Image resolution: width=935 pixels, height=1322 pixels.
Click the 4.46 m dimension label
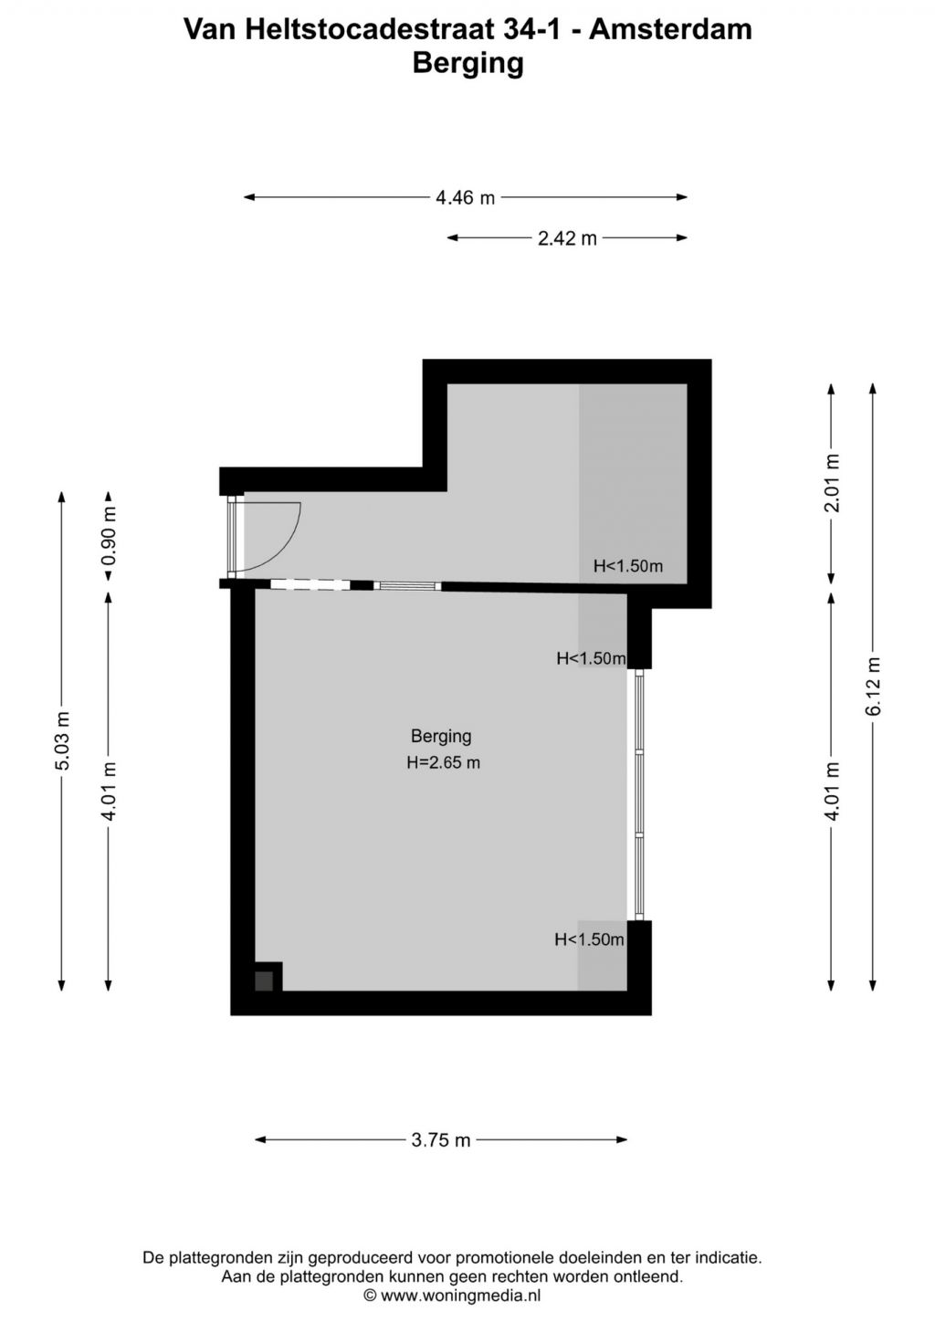465,198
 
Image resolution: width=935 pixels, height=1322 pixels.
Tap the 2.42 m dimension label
567,238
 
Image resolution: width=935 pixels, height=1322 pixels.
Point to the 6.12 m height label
874,687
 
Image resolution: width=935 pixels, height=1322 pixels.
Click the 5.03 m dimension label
63,740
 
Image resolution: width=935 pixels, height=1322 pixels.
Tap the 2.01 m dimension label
832,482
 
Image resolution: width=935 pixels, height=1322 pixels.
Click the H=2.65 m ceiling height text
443,763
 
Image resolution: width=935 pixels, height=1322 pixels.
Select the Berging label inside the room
441,737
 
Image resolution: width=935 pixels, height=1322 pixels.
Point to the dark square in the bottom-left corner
264,981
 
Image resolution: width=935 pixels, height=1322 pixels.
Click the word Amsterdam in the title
670,29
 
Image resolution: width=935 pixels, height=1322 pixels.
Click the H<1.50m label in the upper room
628,567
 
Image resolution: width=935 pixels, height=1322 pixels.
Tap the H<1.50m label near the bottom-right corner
589,939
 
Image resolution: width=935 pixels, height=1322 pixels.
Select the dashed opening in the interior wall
310,585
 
